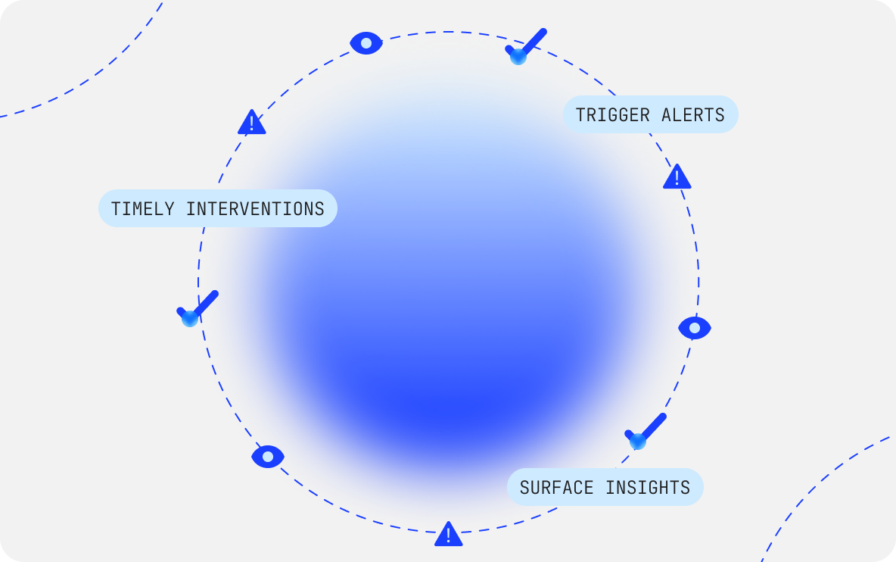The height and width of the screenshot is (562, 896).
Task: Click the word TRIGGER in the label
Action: (613, 115)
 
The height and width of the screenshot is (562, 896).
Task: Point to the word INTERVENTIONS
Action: (255, 209)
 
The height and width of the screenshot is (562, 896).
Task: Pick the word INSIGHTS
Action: (648, 488)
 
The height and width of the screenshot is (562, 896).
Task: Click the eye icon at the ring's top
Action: (366, 43)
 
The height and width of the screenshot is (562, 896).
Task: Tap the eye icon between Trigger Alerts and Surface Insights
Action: (695, 328)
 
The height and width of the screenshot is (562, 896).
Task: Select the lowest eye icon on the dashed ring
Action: (268, 456)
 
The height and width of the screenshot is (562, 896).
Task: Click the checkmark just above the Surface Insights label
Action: (646, 430)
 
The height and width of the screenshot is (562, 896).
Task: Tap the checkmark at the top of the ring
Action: (527, 45)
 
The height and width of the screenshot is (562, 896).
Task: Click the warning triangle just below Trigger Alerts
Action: (677, 177)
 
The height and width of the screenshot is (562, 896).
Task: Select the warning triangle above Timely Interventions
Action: (251, 123)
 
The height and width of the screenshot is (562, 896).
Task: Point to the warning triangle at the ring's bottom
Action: (448, 534)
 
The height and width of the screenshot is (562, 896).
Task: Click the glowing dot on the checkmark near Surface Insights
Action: (638, 441)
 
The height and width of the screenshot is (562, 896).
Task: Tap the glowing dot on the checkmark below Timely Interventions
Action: (190, 318)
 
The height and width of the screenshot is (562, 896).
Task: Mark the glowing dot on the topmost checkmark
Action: (518, 57)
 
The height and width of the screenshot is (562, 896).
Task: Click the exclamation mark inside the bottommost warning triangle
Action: (448, 535)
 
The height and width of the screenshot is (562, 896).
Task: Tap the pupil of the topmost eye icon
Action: (366, 43)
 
